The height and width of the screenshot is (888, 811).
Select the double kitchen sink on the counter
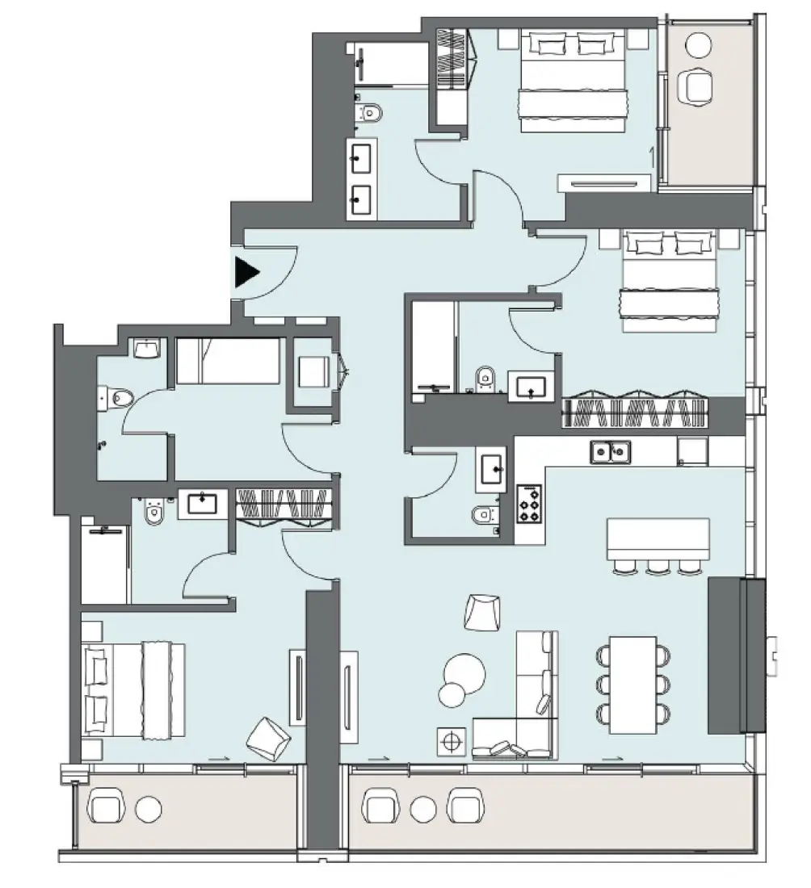pos(610,451)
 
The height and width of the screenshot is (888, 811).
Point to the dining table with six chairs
pos(632,685)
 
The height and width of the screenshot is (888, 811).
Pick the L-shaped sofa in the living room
pos(525,710)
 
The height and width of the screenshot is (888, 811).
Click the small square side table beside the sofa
pos(452,741)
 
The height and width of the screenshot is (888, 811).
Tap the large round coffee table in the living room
pos(464,670)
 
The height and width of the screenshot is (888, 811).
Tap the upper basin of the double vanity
pos(359,157)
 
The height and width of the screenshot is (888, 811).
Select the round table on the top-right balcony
pos(696,48)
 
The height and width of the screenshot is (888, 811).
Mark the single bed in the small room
pos(228,361)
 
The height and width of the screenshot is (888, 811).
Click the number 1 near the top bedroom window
pos(652,152)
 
